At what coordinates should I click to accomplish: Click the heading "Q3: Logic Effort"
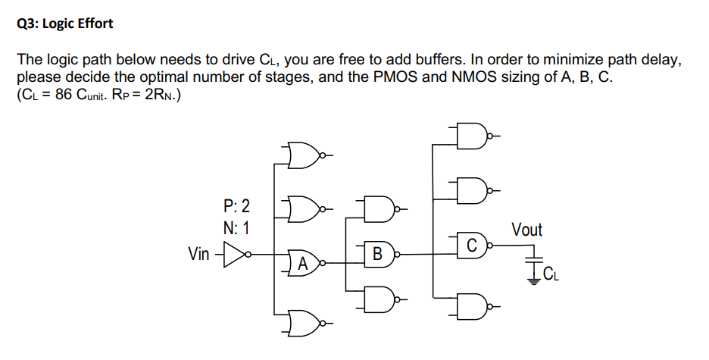point(64,23)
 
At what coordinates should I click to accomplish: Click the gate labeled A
point(303,263)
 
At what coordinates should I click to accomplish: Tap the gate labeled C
point(471,245)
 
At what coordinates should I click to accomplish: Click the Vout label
point(526,229)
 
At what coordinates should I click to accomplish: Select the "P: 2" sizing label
point(237,205)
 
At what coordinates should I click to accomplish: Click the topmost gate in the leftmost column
point(303,156)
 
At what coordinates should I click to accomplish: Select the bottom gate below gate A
point(303,322)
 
